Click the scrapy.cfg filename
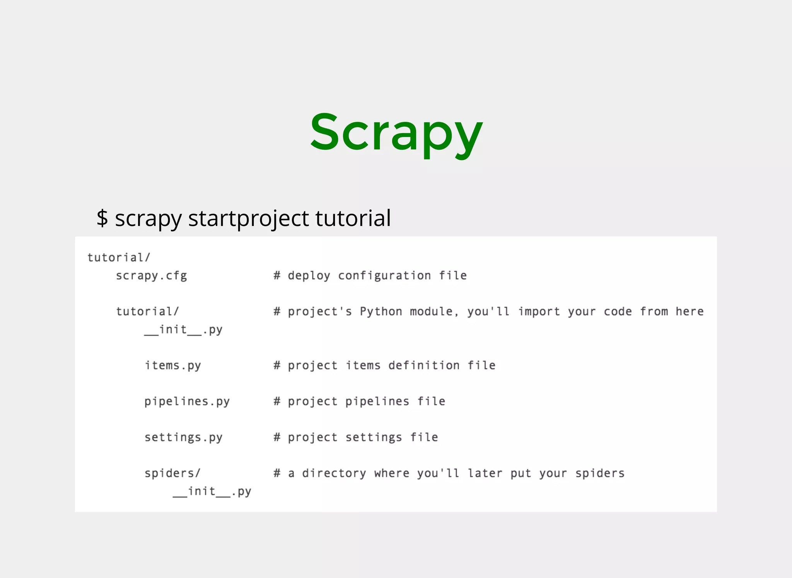pyautogui.click(x=151, y=276)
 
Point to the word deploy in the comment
pyautogui.click(x=309, y=276)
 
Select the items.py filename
pyautogui.click(x=173, y=366)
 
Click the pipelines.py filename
pyautogui.click(x=187, y=402)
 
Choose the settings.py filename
pyautogui.click(x=183, y=438)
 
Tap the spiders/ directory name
pyautogui.click(x=172, y=473)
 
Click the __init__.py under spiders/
pyautogui.click(x=212, y=491)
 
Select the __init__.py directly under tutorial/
pyautogui.click(x=183, y=330)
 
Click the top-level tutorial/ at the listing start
pyautogui.click(x=119, y=258)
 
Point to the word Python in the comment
pyautogui.click(x=381, y=312)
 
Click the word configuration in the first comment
pyautogui.click(x=384, y=276)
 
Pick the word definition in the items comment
pyautogui.click(x=424, y=366)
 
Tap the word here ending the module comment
pyautogui.click(x=690, y=312)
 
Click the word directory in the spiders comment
pyautogui.click(x=334, y=474)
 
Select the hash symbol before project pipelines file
pyautogui.click(x=277, y=402)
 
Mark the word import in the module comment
pyautogui.click(x=539, y=312)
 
